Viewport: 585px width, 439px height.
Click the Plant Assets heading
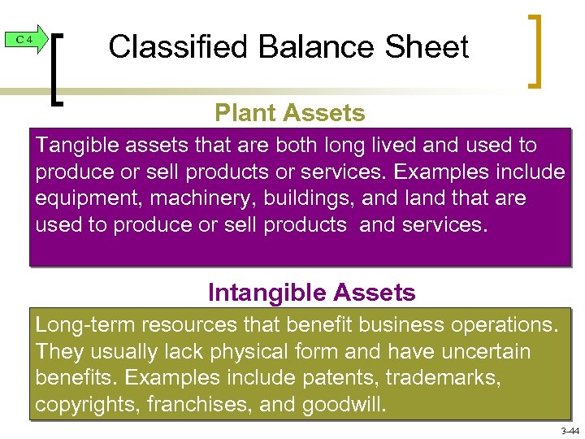[290, 113]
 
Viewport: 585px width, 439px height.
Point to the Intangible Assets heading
[311, 292]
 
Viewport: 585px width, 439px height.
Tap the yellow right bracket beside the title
[535, 50]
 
